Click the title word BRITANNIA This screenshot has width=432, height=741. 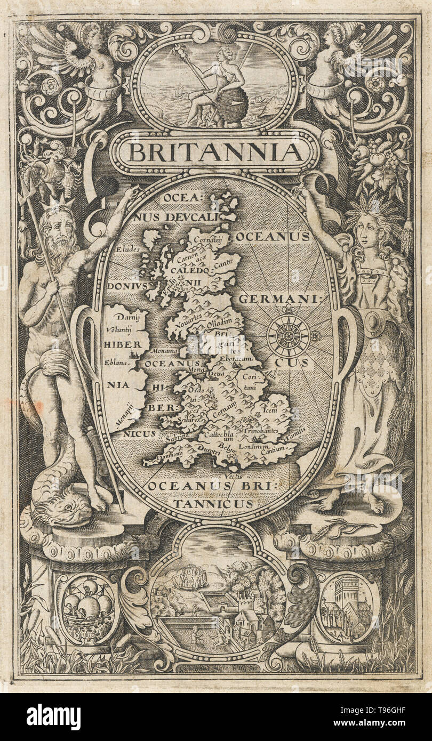coord(214,152)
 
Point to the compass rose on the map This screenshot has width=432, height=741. coord(289,335)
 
